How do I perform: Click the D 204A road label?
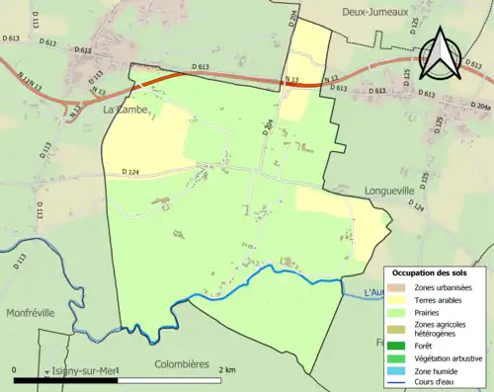[x=479, y=106]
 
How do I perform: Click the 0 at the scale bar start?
[x=14, y=370]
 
